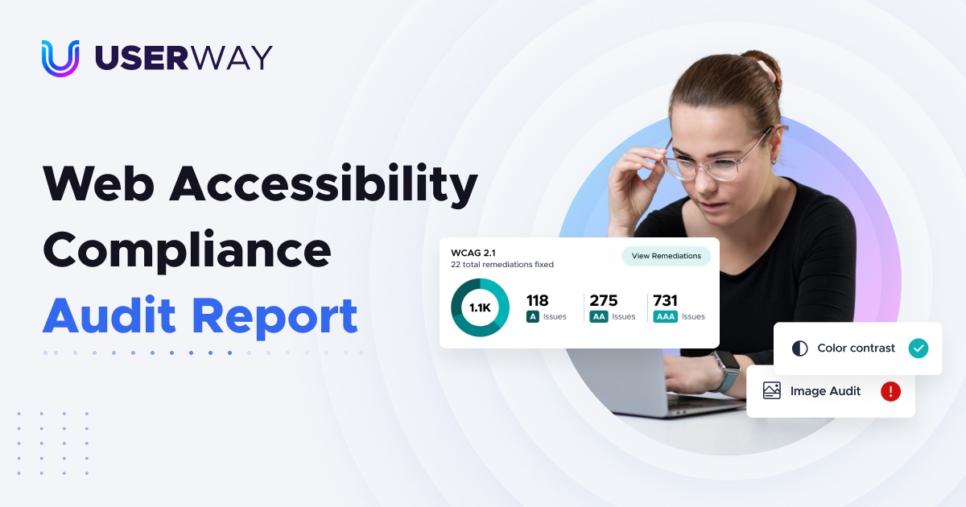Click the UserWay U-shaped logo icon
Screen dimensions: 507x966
point(60,58)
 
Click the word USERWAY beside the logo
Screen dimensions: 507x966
point(184,58)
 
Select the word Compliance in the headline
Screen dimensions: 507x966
point(187,251)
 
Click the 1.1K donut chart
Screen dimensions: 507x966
point(480,307)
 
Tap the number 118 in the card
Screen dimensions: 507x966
point(537,300)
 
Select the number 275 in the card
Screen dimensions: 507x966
point(604,300)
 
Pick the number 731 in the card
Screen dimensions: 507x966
point(665,300)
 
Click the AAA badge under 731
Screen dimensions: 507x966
point(665,317)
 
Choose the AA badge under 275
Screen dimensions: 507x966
point(598,317)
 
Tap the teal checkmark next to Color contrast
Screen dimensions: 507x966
point(918,348)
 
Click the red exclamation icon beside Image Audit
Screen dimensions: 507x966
point(890,391)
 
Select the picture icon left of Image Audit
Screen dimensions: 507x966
point(772,391)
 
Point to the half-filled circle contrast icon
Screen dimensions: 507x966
point(799,348)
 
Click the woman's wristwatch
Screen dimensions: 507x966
point(726,371)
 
